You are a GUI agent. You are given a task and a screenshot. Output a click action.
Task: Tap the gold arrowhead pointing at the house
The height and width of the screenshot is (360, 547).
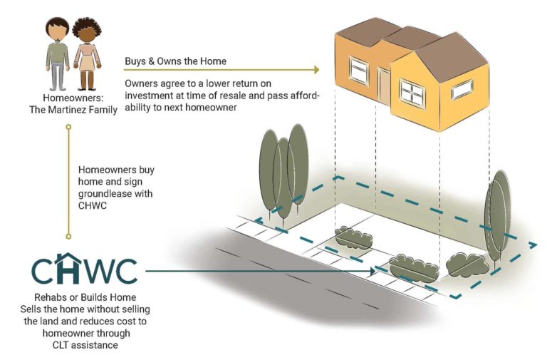314,70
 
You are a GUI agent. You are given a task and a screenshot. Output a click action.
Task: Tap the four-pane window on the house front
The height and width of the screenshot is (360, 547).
412,91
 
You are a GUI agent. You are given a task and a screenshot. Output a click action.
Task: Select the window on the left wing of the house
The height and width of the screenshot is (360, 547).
358,71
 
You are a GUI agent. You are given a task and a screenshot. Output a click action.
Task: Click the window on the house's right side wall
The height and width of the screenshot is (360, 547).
462,88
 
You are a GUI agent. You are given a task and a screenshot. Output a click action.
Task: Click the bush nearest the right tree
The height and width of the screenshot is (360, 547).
466,264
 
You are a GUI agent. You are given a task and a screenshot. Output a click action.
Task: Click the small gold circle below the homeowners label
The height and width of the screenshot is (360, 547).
68,128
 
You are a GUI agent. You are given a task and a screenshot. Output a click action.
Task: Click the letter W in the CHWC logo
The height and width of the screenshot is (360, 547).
100,271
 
